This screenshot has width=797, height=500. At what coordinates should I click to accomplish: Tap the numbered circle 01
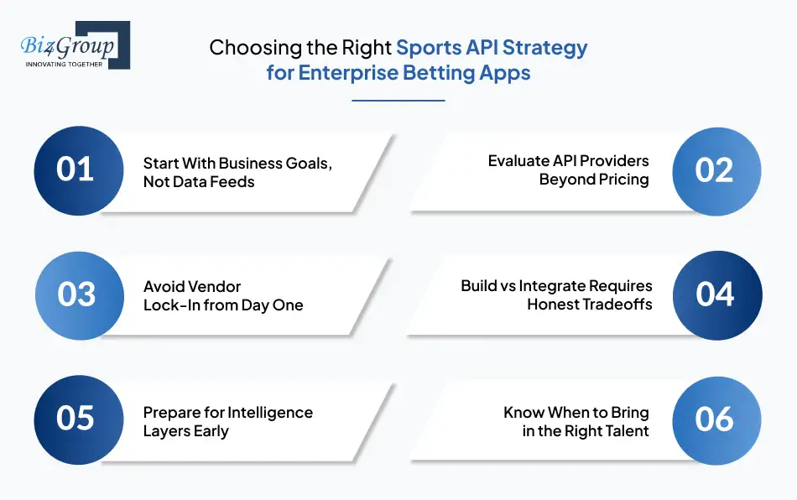pyautogui.click(x=76, y=170)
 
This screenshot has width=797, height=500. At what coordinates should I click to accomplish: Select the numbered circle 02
pyautogui.click(x=716, y=170)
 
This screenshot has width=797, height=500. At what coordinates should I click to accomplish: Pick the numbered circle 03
pyautogui.click(x=76, y=294)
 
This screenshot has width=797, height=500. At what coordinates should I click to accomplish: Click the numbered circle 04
pyautogui.click(x=716, y=294)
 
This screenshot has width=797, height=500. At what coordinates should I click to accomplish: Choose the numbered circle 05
pyautogui.click(x=76, y=419)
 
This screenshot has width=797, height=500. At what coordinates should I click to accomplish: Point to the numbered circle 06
pyautogui.click(x=716, y=419)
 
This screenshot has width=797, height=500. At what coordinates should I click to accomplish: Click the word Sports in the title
pyautogui.click(x=429, y=47)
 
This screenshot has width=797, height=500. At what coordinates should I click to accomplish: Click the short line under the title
pyautogui.click(x=398, y=101)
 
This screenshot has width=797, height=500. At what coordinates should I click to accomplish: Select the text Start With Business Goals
pyautogui.click(x=237, y=163)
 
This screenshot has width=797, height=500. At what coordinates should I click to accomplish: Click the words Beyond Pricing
pyautogui.click(x=594, y=180)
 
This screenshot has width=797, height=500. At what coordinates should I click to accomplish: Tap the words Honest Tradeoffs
pyautogui.click(x=589, y=305)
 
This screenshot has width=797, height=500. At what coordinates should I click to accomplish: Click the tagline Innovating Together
pyautogui.click(x=65, y=63)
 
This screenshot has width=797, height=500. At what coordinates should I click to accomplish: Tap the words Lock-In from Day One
pyautogui.click(x=223, y=305)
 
